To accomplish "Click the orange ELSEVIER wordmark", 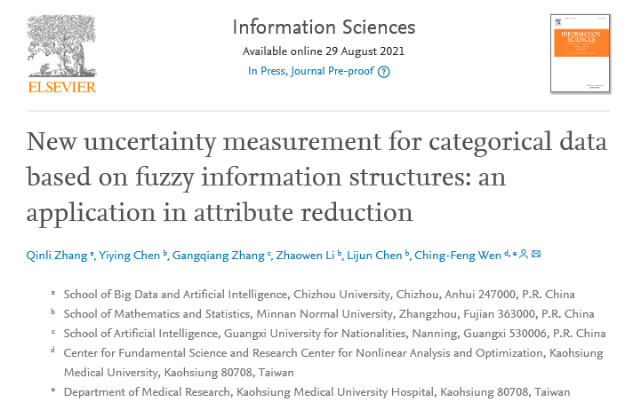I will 62,86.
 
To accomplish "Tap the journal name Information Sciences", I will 323,27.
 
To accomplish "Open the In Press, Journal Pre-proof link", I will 310,72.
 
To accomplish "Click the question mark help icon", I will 383,72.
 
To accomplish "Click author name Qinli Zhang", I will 55,256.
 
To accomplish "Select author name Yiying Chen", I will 130,256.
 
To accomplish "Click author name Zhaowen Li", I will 305,256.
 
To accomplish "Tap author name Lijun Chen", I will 374,256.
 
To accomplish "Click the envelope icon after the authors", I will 536,256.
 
